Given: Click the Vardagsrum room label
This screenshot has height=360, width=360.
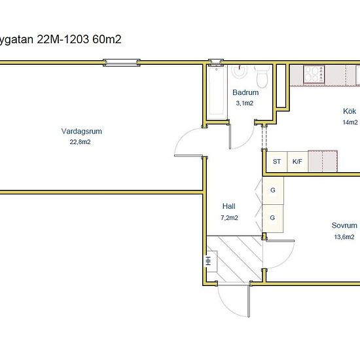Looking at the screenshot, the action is (x=82, y=132).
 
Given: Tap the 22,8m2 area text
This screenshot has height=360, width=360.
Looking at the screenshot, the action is (x=80, y=142).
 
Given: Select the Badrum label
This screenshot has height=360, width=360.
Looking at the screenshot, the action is (x=245, y=92).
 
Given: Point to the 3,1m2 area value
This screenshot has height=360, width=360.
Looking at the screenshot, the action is (x=245, y=103).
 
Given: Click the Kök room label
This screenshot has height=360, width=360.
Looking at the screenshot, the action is (x=350, y=111).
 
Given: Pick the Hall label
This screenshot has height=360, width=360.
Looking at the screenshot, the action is (x=228, y=206).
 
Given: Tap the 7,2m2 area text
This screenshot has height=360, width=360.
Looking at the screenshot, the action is (x=229, y=217).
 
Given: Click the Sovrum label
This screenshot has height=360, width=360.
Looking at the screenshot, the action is (x=344, y=225).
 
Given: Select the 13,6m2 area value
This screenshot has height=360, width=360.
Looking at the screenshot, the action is (x=344, y=237).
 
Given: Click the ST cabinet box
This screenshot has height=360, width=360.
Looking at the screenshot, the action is (x=277, y=162).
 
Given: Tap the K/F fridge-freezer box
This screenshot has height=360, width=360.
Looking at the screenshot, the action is (x=297, y=162).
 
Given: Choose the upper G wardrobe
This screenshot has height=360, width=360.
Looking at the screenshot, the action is (x=273, y=190).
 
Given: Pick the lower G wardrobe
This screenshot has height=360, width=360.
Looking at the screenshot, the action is (x=272, y=218).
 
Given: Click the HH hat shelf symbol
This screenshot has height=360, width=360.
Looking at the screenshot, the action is (x=210, y=261).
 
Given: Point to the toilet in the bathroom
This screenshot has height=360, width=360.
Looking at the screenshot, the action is (x=262, y=76).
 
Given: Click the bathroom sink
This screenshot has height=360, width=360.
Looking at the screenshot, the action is (x=240, y=71).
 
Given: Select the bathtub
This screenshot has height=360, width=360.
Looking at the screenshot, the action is (x=217, y=92).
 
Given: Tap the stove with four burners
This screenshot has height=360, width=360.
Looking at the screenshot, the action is (x=314, y=74).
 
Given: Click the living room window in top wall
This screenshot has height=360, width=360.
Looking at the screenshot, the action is (x=122, y=63).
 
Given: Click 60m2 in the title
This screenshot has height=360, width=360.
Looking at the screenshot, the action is (x=107, y=39).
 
